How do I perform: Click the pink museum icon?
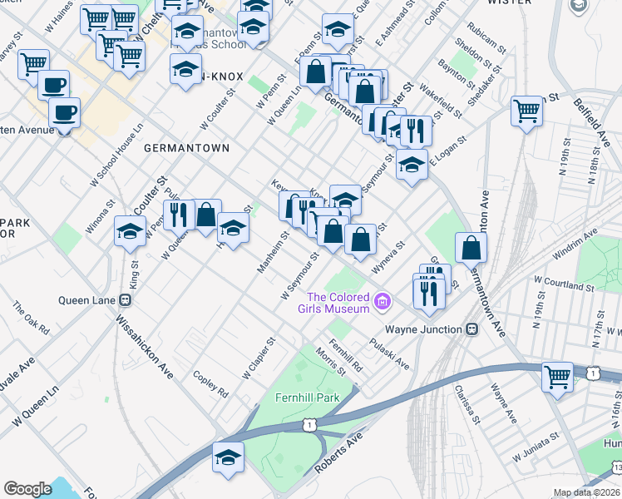pyautogui.click(x=382, y=300)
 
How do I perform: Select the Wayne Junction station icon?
pyautogui.click(x=472, y=329)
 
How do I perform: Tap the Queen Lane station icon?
pyautogui.click(x=126, y=300)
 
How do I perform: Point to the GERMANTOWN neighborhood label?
pyautogui.click(x=186, y=148)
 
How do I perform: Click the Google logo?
pyautogui.click(x=27, y=489)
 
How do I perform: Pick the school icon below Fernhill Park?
pyautogui.click(x=228, y=458)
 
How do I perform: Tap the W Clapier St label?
pyautogui.click(x=259, y=358)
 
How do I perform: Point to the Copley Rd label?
pyautogui.click(x=210, y=382)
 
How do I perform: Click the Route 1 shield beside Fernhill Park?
pyautogui.click(x=309, y=425)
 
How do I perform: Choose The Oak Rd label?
pyautogui.click(x=31, y=319)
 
